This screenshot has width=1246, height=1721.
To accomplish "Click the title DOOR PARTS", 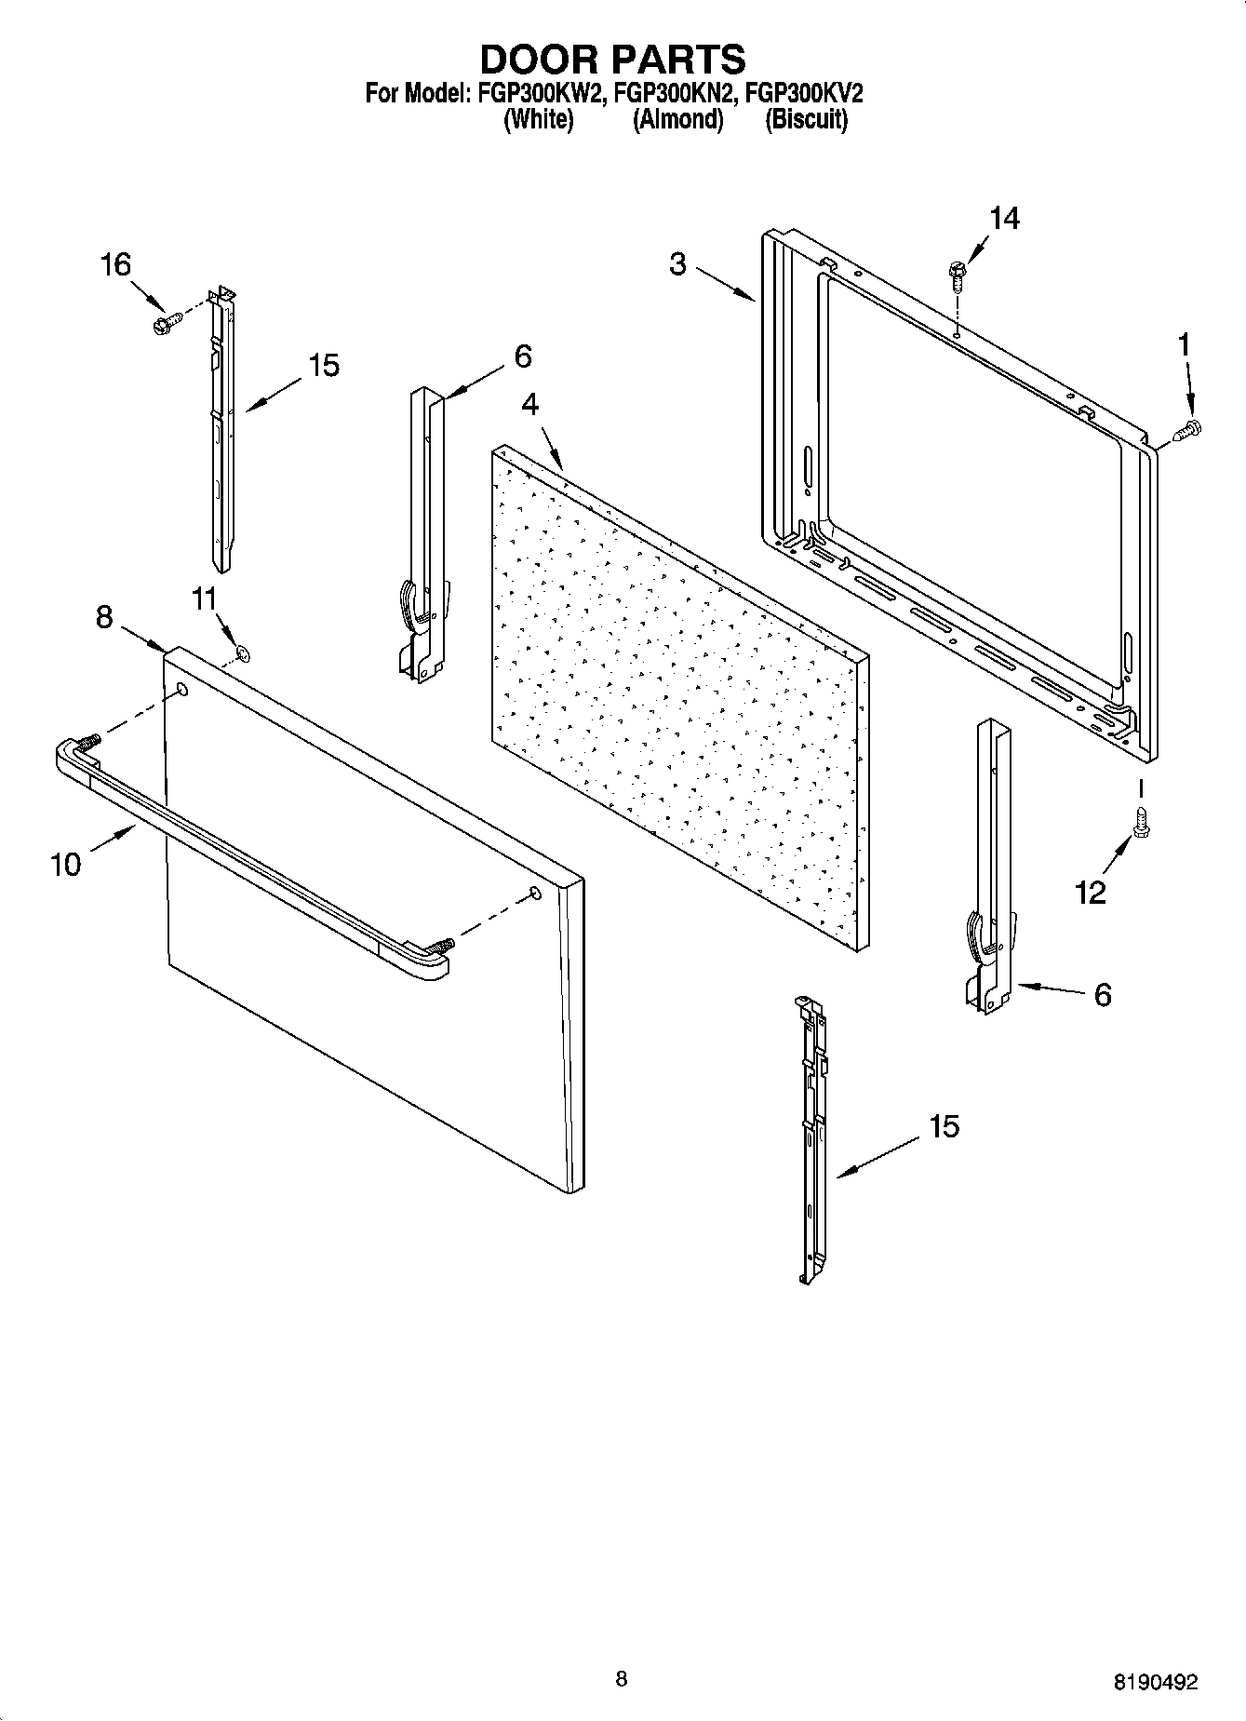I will click(612, 59).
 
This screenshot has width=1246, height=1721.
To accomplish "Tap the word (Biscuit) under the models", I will click(806, 119).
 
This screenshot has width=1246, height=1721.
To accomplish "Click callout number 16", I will click(115, 265).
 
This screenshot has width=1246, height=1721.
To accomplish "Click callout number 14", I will click(1003, 218).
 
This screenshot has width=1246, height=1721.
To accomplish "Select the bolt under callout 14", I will click(956, 272).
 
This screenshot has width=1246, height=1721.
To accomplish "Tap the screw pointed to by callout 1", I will click(1188, 430).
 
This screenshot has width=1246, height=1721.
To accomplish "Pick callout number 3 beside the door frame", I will click(677, 264).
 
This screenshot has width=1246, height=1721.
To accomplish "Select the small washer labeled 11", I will click(243, 653).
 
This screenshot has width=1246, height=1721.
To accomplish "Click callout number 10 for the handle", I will click(65, 865).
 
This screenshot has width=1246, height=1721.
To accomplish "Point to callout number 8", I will click(104, 616).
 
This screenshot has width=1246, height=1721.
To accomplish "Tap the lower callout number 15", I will click(944, 1126).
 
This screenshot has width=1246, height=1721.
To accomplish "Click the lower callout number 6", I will click(1102, 995).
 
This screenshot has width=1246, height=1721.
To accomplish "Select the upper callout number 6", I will click(522, 356).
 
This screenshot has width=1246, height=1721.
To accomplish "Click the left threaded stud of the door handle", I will click(89, 743).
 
